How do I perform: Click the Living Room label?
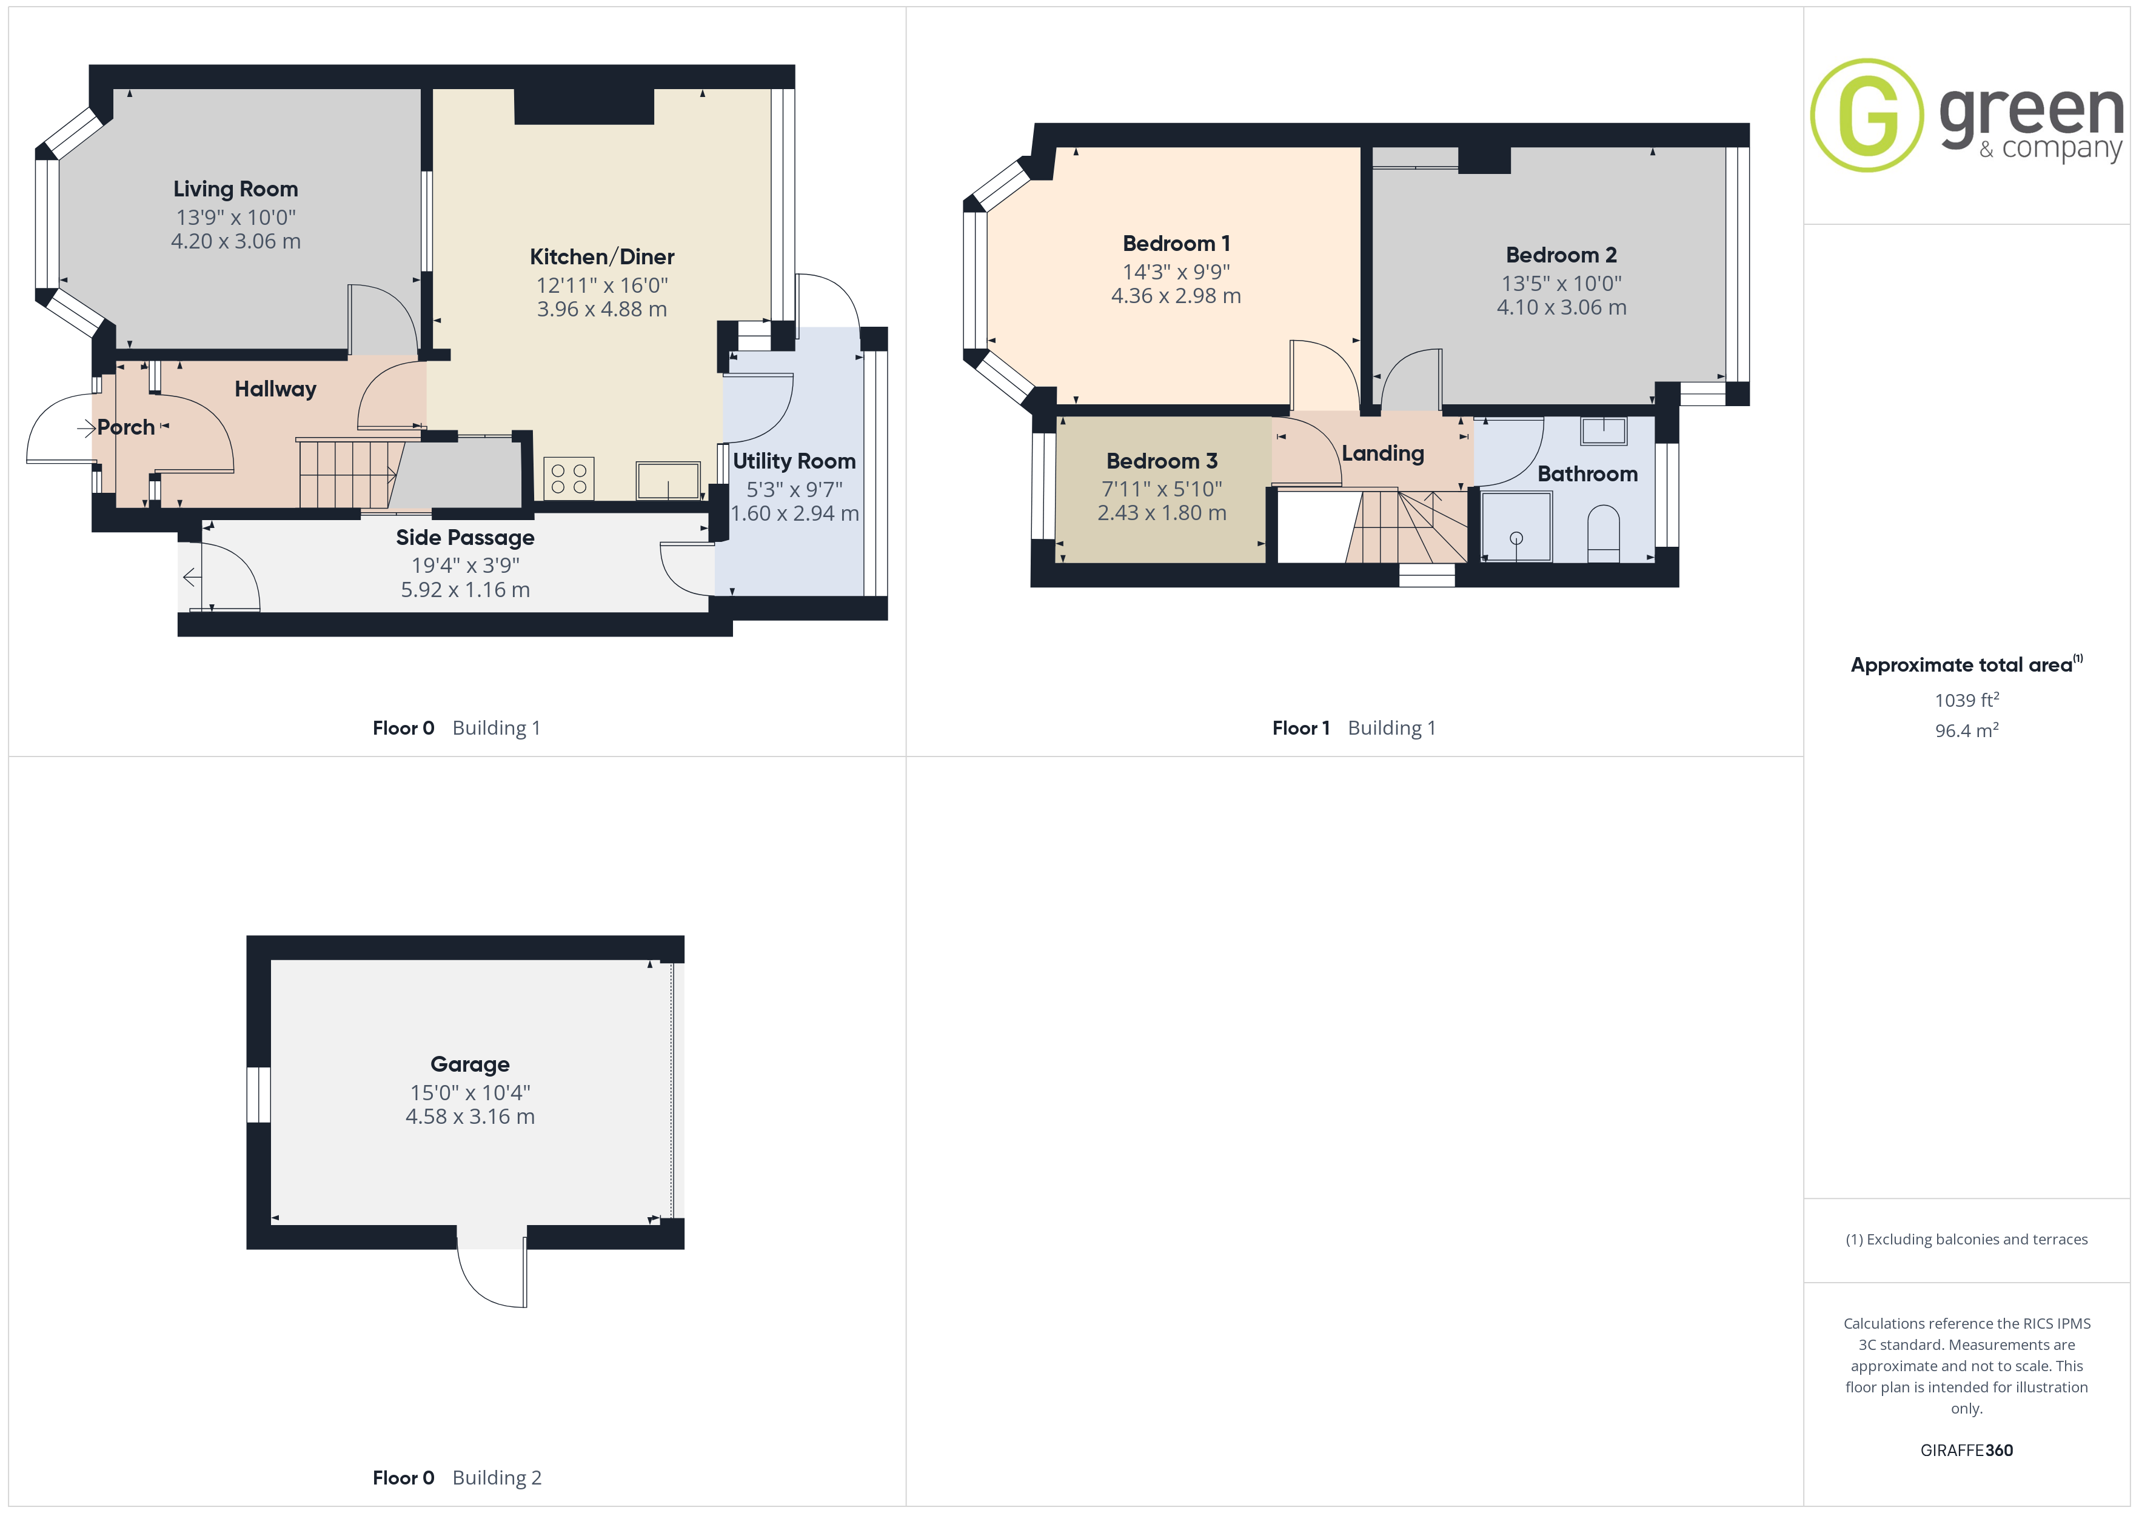[236, 189]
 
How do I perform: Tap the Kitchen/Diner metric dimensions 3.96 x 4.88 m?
[602, 309]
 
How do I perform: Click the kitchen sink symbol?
[668, 481]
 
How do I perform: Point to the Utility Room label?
[794, 461]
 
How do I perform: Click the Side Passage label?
[465, 538]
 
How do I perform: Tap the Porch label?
[126, 427]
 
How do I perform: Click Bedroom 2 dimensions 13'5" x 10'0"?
[1561, 283]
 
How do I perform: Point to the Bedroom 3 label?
[1162, 461]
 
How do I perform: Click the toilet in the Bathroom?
[1603, 534]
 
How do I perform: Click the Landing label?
[1382, 453]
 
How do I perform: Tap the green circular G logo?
[1866, 116]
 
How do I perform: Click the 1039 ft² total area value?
[1967, 700]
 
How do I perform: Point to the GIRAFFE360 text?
[1967, 1451]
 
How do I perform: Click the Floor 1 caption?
[1300, 729]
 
